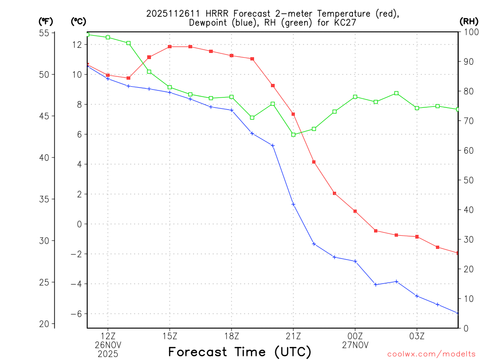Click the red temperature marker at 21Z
(x=293, y=114)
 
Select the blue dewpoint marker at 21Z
(x=293, y=204)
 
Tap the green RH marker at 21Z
(x=293, y=135)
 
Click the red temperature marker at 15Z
(x=170, y=47)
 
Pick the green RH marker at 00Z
(x=355, y=97)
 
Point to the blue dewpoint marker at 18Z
(x=232, y=110)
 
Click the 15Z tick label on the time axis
(x=170, y=336)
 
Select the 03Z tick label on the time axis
(x=417, y=336)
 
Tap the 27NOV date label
(x=355, y=345)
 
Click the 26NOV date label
(x=108, y=345)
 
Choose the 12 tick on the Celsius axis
(x=77, y=45)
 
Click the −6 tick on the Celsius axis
(x=75, y=314)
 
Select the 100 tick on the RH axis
(x=471, y=32)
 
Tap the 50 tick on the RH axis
(x=469, y=180)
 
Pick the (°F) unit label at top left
(x=46, y=21)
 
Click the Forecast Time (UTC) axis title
(x=240, y=352)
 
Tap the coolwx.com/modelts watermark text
(x=431, y=354)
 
